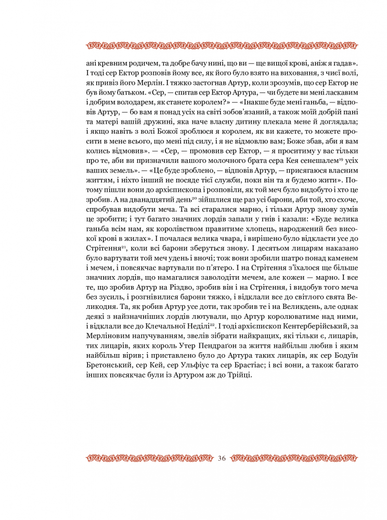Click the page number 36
click(223, 458)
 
